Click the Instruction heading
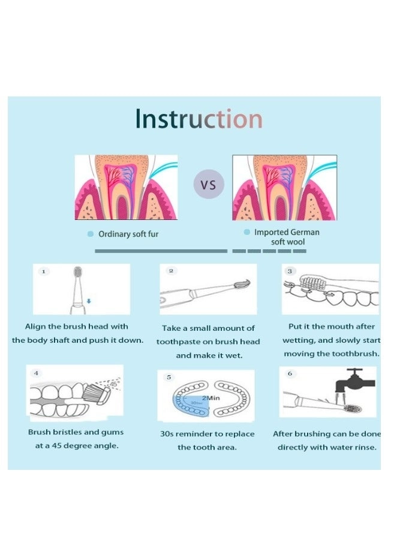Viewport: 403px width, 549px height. click(x=199, y=119)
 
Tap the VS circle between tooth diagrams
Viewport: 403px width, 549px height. click(x=208, y=184)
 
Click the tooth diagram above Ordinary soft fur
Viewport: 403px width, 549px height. click(x=126, y=187)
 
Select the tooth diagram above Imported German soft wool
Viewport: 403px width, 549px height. click(x=284, y=187)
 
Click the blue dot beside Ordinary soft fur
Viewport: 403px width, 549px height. click(x=91, y=234)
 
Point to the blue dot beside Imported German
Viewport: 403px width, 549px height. click(x=246, y=232)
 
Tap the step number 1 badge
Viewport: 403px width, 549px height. click(x=43, y=272)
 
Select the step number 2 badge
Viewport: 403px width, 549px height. click(x=170, y=271)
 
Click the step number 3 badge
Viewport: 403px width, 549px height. click(x=290, y=271)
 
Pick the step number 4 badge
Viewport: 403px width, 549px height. click(x=36, y=373)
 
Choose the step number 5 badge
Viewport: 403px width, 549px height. click(x=169, y=377)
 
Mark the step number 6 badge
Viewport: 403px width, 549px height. click(x=290, y=373)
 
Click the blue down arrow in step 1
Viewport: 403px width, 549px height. click(x=88, y=301)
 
